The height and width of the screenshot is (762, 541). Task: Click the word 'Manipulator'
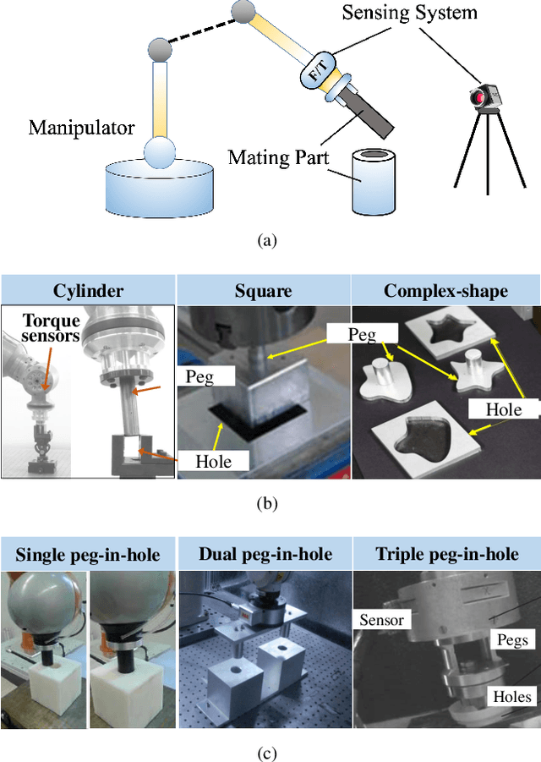pos(81,129)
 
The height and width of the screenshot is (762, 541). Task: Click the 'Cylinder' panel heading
pos(89,292)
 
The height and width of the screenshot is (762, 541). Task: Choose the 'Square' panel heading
pos(263,292)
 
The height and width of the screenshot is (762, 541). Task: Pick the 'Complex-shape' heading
pos(445,292)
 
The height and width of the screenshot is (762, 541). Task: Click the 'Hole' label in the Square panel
pos(212,461)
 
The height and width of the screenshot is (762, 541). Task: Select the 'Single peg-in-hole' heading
pos(89,555)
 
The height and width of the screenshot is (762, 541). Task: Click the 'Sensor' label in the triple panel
pos(380,620)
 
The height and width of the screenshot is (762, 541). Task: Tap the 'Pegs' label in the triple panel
pos(513,639)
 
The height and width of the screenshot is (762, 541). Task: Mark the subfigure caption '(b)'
pos(267,504)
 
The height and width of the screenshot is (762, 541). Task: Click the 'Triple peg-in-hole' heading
pos(445,555)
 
